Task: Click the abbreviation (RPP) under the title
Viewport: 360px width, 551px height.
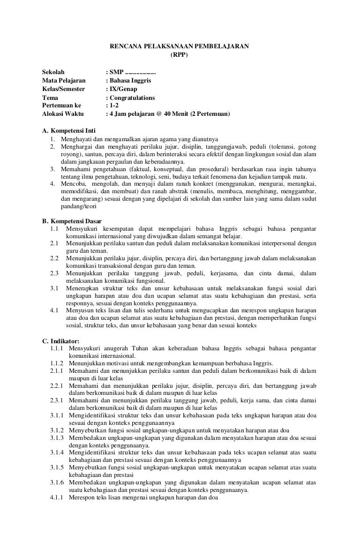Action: tap(178, 54)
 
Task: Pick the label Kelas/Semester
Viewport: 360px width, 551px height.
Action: tap(64, 89)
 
